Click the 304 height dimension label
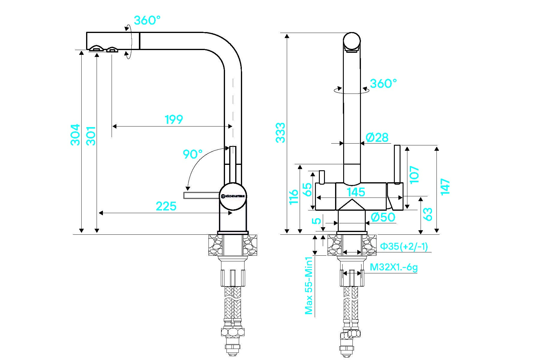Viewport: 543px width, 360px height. pos(75,135)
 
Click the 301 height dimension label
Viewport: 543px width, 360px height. pos(91,136)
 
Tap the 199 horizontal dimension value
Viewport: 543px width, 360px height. pos(174,120)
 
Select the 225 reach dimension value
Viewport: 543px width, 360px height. pos(166,206)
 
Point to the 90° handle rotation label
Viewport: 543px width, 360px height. pos(193,154)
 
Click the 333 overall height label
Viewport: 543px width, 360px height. pos(280,132)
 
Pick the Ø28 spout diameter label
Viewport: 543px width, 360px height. pos(377,138)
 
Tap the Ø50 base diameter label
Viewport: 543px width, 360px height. pos(383,217)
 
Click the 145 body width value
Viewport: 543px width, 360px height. pos(356,192)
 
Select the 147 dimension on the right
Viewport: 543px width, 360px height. pos(445,186)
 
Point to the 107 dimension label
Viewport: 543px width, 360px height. pos(414,174)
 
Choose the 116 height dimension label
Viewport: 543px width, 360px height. pos(293,196)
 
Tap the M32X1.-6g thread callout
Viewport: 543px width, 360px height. pos(394,267)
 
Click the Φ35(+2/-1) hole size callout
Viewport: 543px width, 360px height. pos(404,246)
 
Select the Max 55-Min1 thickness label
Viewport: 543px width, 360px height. pos(309,285)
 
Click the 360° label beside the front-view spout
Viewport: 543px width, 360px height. pos(383,84)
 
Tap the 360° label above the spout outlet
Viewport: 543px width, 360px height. pos(147,20)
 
